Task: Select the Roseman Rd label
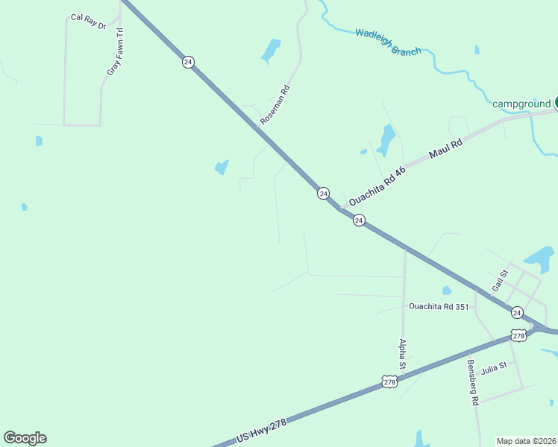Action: click(275, 104)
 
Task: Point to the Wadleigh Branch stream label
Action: click(388, 42)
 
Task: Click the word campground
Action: click(521, 104)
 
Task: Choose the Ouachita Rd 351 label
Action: click(439, 306)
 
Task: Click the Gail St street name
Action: click(499, 282)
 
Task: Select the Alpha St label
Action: click(402, 355)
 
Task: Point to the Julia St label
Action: click(493, 366)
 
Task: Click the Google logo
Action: click(25, 438)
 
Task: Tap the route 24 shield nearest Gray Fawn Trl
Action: click(188, 62)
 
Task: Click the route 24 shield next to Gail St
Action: click(517, 312)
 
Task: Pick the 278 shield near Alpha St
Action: click(389, 381)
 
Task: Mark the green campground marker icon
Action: click(556, 103)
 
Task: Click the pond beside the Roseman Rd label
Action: click(270, 51)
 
